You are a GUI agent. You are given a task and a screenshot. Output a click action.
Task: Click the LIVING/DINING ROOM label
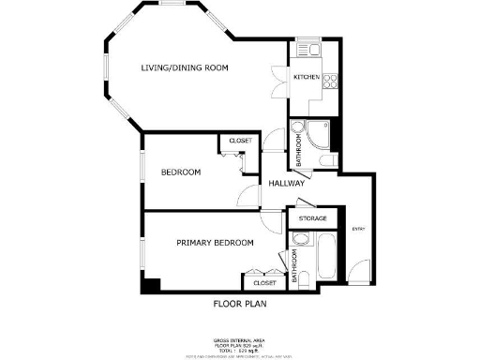click(x=184, y=67)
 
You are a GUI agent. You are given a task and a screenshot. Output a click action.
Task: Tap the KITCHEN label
click(x=307, y=77)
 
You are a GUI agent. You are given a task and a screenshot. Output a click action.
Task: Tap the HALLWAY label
click(x=284, y=184)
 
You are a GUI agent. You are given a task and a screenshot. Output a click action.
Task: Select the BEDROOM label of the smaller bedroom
click(x=181, y=172)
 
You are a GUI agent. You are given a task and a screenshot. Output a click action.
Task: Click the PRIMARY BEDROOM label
click(x=216, y=243)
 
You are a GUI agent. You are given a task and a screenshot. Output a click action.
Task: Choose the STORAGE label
click(x=312, y=218)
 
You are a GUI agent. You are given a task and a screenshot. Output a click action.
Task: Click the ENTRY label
click(x=358, y=229)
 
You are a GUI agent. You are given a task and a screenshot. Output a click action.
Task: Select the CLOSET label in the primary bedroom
click(x=263, y=282)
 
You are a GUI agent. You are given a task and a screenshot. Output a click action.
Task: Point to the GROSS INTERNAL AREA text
click(x=240, y=339)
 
